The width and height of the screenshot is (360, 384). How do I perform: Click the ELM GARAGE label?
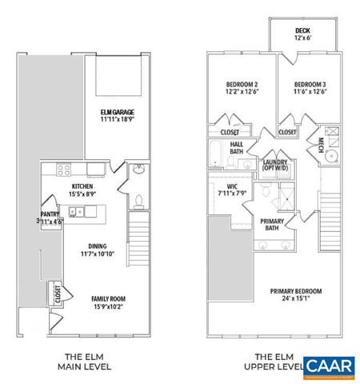(115, 111)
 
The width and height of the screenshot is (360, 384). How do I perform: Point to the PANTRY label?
(50, 214)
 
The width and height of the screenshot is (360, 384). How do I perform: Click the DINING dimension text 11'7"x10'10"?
(82, 254)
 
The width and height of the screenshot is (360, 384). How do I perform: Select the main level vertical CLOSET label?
(58, 294)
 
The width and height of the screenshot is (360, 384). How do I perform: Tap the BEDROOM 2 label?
(242, 84)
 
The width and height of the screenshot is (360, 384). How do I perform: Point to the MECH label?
(321, 144)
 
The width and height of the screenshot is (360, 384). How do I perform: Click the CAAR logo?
(328, 366)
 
